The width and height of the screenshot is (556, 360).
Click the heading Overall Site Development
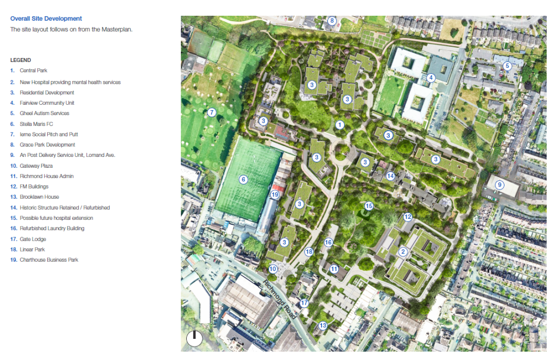click(46, 18)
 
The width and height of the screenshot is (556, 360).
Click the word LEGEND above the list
click(21, 60)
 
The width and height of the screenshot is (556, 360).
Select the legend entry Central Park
click(33, 71)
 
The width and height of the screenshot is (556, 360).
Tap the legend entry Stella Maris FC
click(37, 124)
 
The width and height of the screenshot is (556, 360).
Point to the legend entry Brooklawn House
click(39, 197)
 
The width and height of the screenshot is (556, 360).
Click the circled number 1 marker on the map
click(340, 125)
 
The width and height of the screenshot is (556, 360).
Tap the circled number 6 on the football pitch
click(243, 179)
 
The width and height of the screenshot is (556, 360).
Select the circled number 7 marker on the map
click(212, 113)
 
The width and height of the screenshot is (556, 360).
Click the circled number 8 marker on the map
click(332, 22)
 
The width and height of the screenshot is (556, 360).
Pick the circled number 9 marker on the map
click(500, 185)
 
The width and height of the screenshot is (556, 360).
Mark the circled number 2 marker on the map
click(403, 251)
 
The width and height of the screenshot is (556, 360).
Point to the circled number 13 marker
click(323, 326)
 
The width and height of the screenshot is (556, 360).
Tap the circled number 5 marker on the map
click(508, 66)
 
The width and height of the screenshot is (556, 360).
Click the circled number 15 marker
click(369, 206)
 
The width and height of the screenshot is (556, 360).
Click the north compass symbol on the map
click(194, 339)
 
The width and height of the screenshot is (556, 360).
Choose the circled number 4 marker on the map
click(431, 78)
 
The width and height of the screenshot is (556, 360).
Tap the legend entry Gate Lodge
click(33, 239)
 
